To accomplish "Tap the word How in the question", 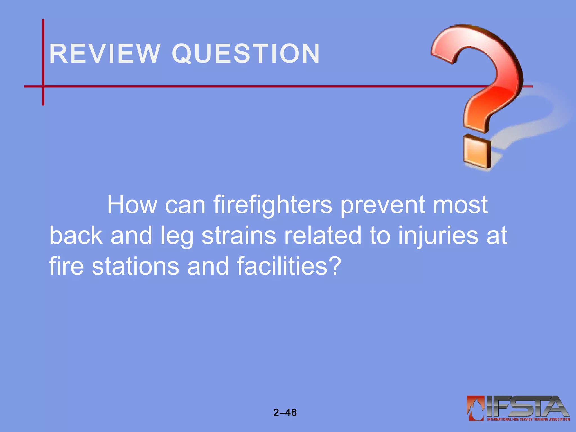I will tap(132, 205).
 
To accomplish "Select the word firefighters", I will tap(273, 205).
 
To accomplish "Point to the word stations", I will tap(135, 266).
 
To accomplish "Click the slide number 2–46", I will tap(285, 413).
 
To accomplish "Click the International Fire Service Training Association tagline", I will tap(528, 419).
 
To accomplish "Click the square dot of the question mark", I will tap(477, 152).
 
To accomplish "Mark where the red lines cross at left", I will tap(43, 86).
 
